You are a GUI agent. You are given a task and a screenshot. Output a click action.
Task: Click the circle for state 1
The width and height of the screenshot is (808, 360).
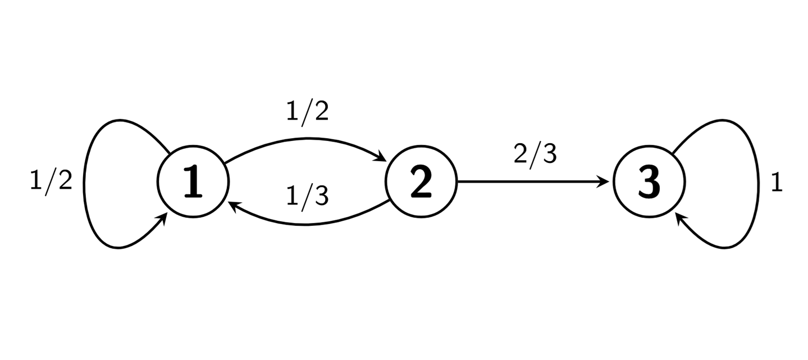click(x=194, y=182)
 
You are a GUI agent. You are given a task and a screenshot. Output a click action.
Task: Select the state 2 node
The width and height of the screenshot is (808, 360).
click(x=421, y=182)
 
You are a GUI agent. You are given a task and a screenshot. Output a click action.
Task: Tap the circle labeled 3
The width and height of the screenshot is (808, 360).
click(x=649, y=182)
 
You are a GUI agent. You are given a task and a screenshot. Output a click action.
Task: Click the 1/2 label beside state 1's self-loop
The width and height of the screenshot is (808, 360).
click(x=51, y=181)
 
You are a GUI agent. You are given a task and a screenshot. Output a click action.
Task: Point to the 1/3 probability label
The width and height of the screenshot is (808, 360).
click(x=307, y=196)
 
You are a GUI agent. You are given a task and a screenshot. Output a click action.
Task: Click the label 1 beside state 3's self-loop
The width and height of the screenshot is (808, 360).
click(x=777, y=183)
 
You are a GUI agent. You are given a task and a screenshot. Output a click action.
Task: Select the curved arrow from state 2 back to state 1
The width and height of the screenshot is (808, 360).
click(x=306, y=225)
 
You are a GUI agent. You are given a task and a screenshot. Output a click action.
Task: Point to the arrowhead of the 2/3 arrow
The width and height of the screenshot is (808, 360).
click(x=605, y=182)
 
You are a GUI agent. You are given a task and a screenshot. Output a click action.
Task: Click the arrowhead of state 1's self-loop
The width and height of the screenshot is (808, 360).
click(x=164, y=219)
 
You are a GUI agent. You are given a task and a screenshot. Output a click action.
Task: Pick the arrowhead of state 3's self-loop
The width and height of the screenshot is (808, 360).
click(x=679, y=218)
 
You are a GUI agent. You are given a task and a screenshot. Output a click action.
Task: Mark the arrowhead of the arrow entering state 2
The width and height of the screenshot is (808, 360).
click(x=382, y=157)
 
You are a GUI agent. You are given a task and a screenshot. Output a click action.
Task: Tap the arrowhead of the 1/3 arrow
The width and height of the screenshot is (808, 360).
click(x=233, y=206)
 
